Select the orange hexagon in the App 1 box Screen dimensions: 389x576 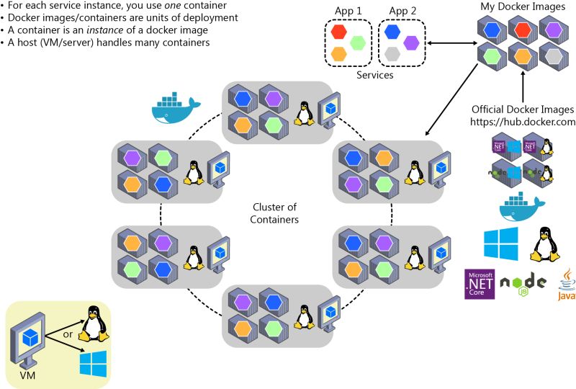pyautogui.click(x=338, y=54)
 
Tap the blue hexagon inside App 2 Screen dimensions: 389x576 pyautogui.click(x=392, y=32)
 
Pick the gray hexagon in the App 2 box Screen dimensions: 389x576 pyautogui.click(x=392, y=54)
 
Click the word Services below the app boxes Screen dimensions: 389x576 pyautogui.click(x=374, y=74)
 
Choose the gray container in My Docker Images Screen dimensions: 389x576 pyautogui.click(x=554, y=57)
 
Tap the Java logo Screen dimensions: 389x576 pyautogui.click(x=565, y=284)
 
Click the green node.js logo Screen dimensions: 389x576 pyautogui.click(x=522, y=284)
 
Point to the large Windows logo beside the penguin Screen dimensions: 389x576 pyautogui.click(x=500, y=244)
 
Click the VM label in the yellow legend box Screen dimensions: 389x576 pyautogui.click(x=25, y=375)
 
